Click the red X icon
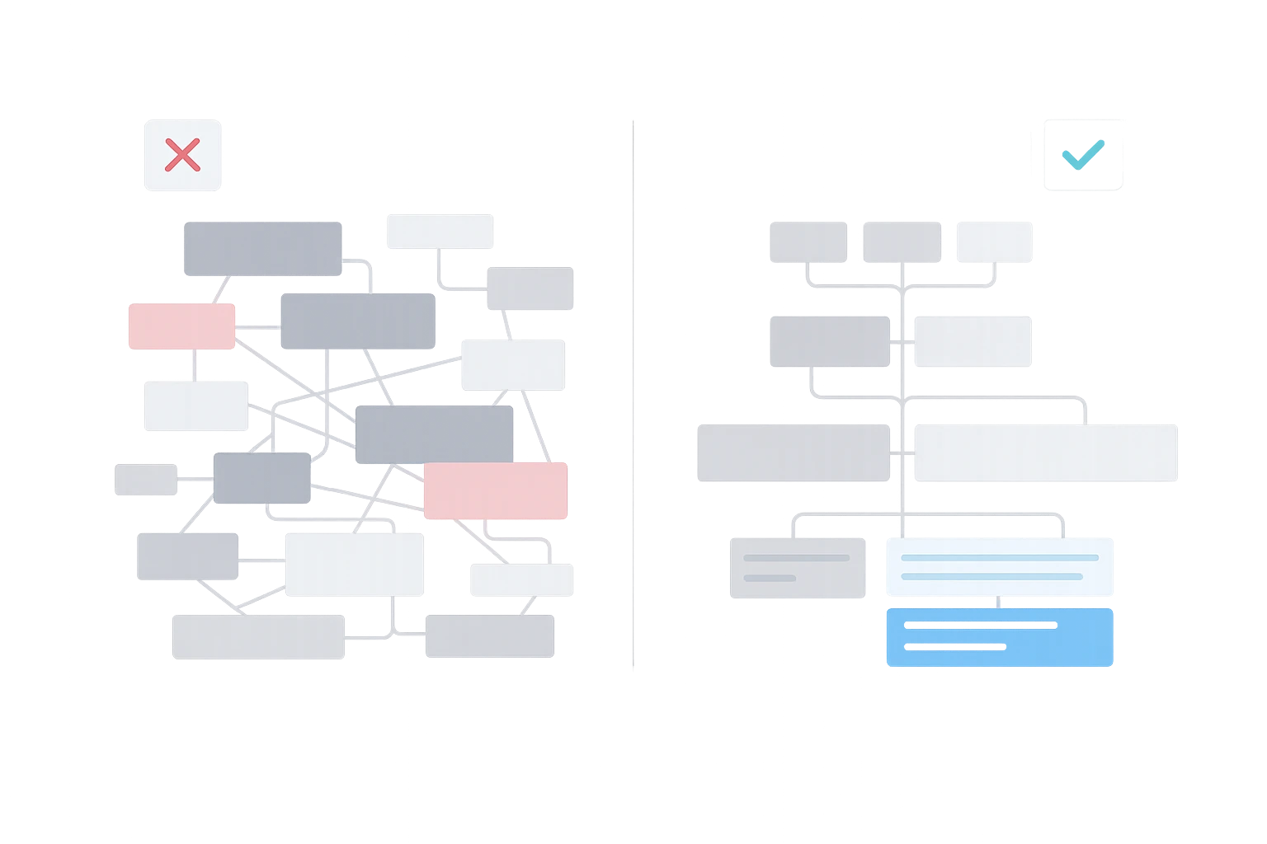182,155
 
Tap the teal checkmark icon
1081,154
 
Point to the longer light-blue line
999,558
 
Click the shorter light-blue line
991,576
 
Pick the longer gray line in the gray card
796,558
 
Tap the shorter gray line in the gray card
770,577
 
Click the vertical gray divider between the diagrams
633,396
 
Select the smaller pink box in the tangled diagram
181,326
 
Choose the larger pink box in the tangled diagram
495,490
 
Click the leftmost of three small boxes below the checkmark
808,241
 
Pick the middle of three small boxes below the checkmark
902,241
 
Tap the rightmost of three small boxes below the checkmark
995,241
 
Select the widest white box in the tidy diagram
1045,452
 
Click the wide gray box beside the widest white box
794,452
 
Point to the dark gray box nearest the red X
261,246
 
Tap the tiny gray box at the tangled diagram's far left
145,480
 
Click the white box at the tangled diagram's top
439,231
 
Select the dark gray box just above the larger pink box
434,434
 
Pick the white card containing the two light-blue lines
999,566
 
